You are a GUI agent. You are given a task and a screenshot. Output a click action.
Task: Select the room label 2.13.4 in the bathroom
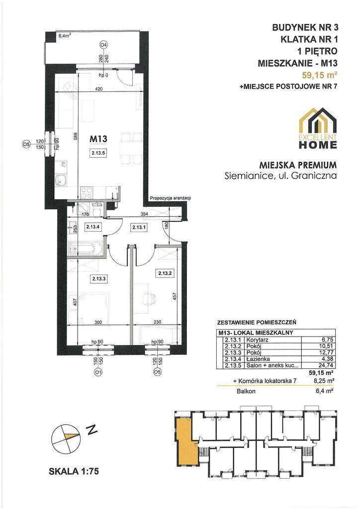[92, 227]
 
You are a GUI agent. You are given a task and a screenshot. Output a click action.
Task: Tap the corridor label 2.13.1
[139, 228]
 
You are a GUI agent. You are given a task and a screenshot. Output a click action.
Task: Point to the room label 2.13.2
[165, 273]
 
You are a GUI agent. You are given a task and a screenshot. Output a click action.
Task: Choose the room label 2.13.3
[98, 278]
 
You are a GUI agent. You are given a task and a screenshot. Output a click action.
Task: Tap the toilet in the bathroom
[96, 209]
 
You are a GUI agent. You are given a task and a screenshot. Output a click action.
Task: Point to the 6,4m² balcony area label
[64, 36]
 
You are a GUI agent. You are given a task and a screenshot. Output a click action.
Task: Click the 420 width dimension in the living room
[99, 88]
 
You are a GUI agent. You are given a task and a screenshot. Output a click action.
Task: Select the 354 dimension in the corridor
[135, 214]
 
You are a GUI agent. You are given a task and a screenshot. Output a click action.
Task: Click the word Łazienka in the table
[258, 359]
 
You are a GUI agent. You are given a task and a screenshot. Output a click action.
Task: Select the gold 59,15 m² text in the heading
[319, 76]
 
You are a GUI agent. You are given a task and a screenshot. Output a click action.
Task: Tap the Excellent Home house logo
[318, 128]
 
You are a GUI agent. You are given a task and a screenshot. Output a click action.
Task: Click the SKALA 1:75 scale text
[74, 471]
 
